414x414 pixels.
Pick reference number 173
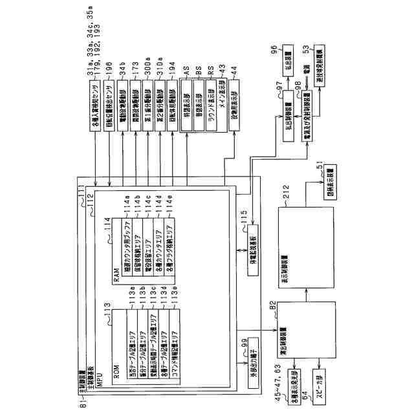(135, 72)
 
